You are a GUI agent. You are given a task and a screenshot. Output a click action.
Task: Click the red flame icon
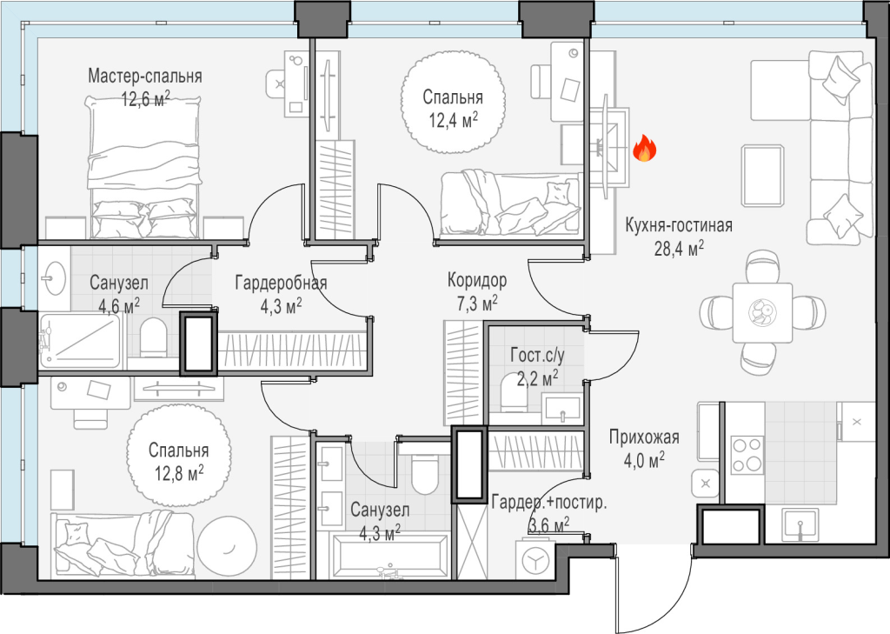tap(644, 148)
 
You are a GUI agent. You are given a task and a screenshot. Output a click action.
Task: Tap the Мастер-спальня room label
tap(145, 77)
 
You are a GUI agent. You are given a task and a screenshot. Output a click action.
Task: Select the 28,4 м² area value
tap(679, 248)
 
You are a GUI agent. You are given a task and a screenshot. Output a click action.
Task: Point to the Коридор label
tap(477, 280)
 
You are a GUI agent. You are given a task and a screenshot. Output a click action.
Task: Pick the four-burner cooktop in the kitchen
tap(747, 455)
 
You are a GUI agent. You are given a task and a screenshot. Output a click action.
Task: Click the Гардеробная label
tap(281, 283)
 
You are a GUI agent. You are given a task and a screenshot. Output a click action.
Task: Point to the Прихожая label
tap(644, 437)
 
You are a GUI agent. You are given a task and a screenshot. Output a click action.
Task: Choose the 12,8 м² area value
tap(179, 472)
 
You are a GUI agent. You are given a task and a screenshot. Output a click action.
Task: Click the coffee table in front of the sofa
tap(763, 176)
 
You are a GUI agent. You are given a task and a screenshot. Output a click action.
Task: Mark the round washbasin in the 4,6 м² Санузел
tap(54, 277)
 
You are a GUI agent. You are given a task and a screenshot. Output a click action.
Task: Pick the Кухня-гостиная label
tap(679, 225)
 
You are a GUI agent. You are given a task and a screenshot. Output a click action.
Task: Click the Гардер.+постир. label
tap(549, 503)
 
